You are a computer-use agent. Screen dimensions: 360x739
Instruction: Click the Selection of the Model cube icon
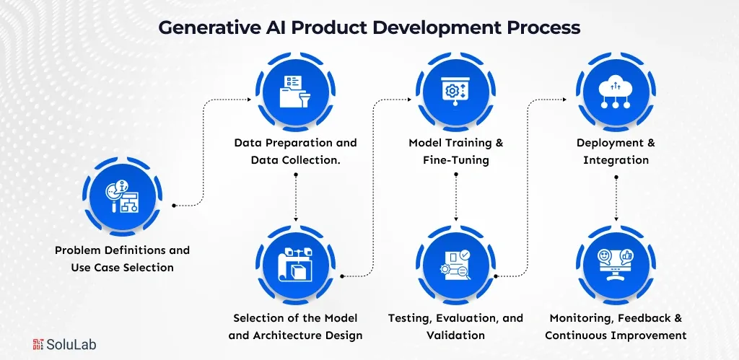pyautogui.click(x=296, y=265)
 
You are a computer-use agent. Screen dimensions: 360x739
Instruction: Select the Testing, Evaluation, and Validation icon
pyautogui.click(x=456, y=265)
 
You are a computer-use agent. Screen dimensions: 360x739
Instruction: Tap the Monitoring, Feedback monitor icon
pyautogui.click(x=616, y=265)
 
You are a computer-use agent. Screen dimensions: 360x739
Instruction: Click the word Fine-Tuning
pyautogui.click(x=456, y=160)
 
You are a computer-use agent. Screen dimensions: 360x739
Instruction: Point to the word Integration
pyautogui.click(x=616, y=160)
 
